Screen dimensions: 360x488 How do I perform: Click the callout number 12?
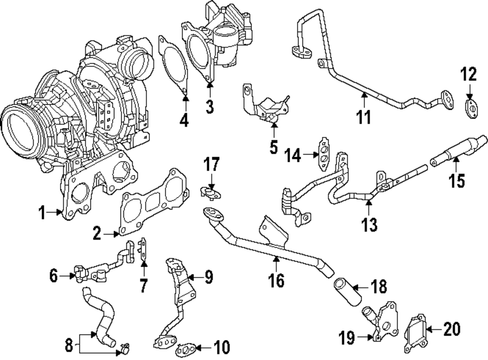(468, 76)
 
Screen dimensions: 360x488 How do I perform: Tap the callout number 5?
(273, 146)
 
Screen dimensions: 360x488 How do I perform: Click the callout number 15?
(457, 180)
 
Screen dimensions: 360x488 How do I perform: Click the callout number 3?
(209, 106)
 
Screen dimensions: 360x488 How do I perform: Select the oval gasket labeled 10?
(186, 349)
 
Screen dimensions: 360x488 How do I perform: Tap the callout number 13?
(369, 224)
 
